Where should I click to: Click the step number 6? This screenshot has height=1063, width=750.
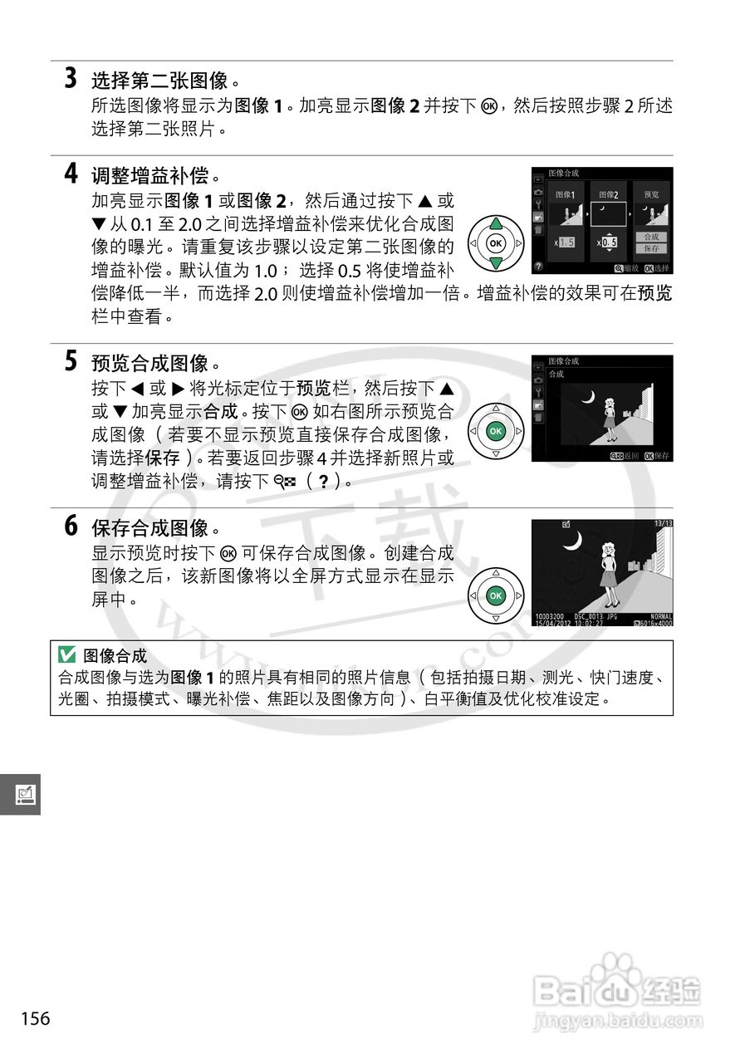[71, 526]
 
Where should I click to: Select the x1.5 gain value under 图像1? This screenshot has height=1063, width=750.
[565, 242]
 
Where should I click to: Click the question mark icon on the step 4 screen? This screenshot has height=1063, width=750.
[538, 267]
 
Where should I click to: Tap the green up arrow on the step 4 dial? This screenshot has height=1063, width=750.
[496, 223]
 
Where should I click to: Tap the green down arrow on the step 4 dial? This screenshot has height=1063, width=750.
[496, 263]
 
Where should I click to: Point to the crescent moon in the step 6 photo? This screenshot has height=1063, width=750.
[571, 541]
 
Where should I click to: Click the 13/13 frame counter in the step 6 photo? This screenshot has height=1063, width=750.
[662, 524]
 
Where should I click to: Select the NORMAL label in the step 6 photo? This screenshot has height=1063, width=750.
[661, 615]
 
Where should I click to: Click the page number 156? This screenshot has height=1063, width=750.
[36, 1018]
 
